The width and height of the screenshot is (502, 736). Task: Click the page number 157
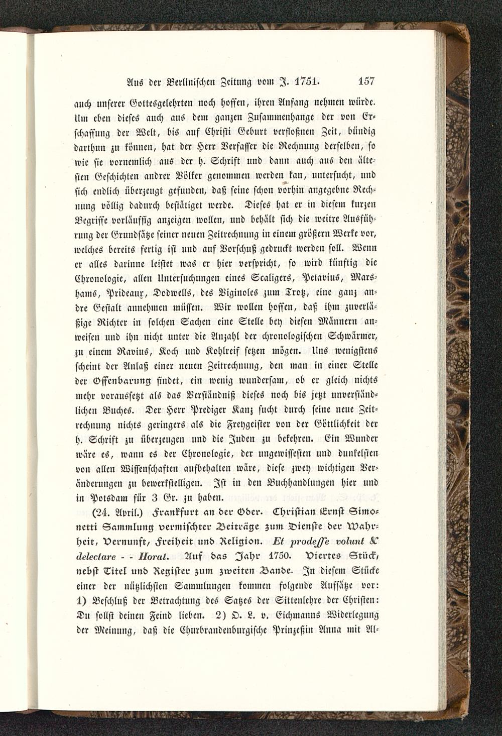click(367, 80)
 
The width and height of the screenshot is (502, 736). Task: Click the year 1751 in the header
click(306, 80)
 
